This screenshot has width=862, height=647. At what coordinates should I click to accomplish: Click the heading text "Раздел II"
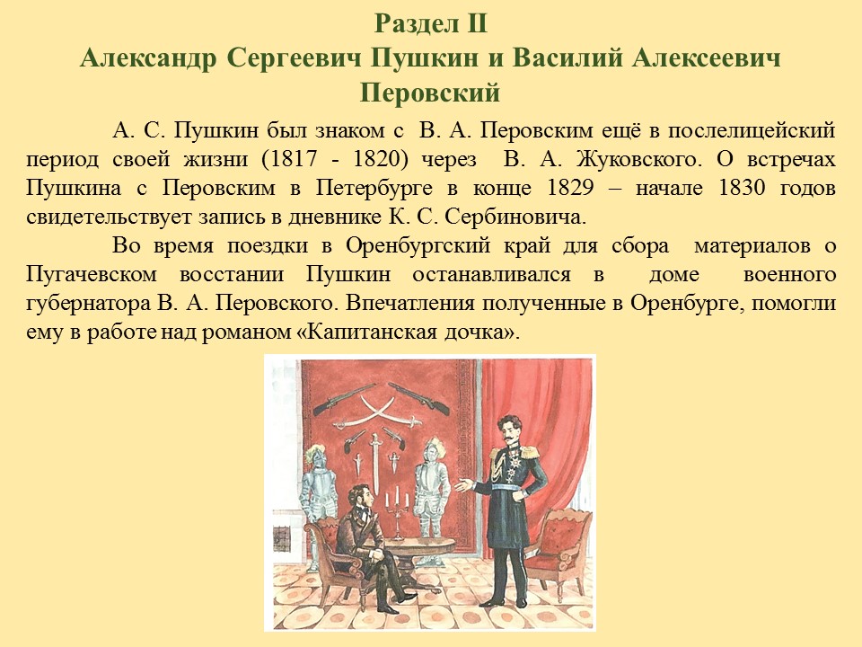coord(431,24)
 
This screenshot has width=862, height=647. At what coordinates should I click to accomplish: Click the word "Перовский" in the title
coord(430,93)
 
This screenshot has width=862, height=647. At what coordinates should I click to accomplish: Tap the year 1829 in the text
coord(571,188)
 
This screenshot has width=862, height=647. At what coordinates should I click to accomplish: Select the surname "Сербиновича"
coord(515,217)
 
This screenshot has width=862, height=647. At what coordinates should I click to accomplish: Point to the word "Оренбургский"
coord(418,246)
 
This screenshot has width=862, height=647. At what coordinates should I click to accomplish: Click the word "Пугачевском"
coord(92,275)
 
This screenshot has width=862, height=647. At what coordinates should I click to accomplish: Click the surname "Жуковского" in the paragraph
coord(639,160)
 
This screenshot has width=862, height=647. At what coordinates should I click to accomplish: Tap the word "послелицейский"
coord(752,131)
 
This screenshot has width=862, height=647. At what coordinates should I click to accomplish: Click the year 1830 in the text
coord(742,188)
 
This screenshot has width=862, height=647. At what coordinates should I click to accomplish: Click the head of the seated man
coord(361,496)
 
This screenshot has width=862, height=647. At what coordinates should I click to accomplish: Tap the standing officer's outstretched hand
coord(463,485)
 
